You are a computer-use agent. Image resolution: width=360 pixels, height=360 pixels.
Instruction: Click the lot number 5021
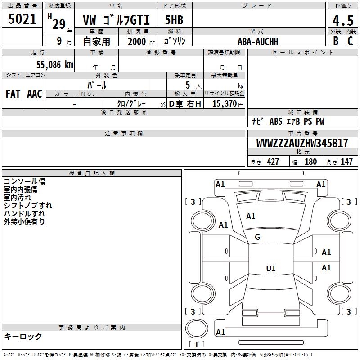click(x=22, y=19)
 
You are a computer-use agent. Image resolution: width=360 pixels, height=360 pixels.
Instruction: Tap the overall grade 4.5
click(x=343, y=21)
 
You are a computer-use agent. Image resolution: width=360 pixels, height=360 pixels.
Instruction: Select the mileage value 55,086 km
click(x=55, y=65)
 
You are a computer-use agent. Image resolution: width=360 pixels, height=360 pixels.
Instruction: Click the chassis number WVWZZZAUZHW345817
click(x=302, y=143)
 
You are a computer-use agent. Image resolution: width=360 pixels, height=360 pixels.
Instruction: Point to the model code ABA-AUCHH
click(x=258, y=41)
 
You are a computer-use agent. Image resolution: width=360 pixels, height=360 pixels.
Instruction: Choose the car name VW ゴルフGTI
click(x=116, y=20)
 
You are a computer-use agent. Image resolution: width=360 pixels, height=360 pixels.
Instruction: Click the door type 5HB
click(x=174, y=20)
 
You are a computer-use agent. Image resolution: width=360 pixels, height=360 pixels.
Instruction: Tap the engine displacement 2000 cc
click(x=141, y=41)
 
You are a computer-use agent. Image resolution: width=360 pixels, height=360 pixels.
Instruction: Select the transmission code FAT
click(x=13, y=94)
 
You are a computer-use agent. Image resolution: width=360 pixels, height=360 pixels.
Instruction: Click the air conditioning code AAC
click(x=35, y=94)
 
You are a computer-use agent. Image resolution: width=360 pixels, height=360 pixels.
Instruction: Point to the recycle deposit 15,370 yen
click(x=228, y=104)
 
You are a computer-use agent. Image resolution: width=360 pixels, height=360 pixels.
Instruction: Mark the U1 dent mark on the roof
click(x=271, y=268)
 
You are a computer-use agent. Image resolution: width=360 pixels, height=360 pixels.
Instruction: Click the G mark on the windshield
click(x=257, y=237)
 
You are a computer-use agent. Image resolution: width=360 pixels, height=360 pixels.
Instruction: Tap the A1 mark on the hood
click(x=251, y=216)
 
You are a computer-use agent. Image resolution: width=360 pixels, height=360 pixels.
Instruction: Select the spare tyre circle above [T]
click(x=197, y=328)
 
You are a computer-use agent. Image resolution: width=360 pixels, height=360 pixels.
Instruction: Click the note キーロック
click(x=23, y=336)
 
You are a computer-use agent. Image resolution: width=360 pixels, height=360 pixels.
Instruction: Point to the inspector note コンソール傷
click(x=25, y=181)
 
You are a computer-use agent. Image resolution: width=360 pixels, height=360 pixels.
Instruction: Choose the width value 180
click(x=310, y=162)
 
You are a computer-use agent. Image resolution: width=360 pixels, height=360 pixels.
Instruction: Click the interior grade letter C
click(x=350, y=41)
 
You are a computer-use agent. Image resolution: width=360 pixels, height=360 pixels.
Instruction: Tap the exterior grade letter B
click(x=336, y=41)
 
